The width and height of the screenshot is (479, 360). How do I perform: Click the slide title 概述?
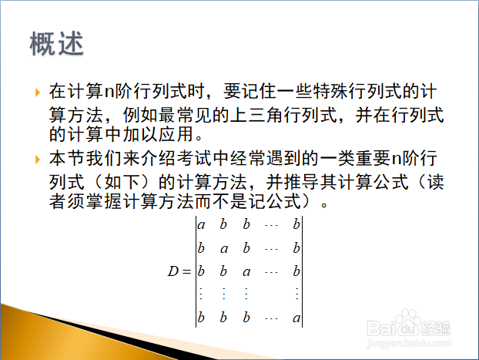[56, 43]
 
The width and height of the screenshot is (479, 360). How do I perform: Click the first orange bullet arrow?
[38, 93]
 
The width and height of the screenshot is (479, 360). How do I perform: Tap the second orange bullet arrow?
[38, 160]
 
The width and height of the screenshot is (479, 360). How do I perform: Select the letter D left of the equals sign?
[173, 271]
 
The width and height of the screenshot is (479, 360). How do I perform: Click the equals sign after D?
[186, 271]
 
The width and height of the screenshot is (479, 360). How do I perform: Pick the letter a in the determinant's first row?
[201, 225]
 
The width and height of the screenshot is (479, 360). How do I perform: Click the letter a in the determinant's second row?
[224, 249]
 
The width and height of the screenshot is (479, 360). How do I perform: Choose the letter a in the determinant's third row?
[246, 272]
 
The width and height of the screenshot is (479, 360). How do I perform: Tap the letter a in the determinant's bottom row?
[296, 318]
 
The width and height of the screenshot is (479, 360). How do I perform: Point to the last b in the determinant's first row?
[296, 224]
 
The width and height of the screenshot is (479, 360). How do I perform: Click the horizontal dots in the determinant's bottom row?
[271, 319]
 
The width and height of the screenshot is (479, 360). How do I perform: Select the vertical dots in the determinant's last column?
[297, 294]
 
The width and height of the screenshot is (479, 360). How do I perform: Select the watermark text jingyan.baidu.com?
[409, 342]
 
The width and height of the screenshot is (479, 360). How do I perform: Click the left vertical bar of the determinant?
[196, 271]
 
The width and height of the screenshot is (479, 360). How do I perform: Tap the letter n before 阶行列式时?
[109, 92]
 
